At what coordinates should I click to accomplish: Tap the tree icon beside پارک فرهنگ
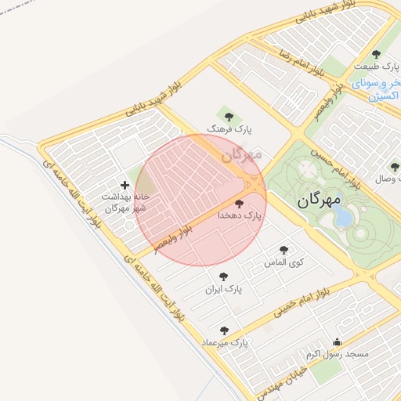(x=229, y=117)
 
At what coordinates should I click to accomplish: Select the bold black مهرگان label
(x=320, y=200)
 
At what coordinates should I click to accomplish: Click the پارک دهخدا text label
(x=239, y=214)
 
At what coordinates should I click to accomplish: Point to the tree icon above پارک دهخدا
(x=239, y=203)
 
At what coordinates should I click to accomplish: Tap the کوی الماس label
(x=284, y=261)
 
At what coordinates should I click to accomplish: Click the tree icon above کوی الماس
(x=284, y=250)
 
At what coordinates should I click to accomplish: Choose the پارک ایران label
(x=224, y=288)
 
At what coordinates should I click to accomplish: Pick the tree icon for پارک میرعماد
(x=224, y=331)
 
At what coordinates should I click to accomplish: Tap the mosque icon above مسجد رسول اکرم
(x=337, y=341)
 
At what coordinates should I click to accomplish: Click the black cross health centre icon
(x=125, y=185)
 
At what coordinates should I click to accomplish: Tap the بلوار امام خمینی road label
(x=306, y=302)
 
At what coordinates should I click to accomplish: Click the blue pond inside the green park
(x=343, y=218)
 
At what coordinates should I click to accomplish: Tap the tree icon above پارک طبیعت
(x=376, y=55)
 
